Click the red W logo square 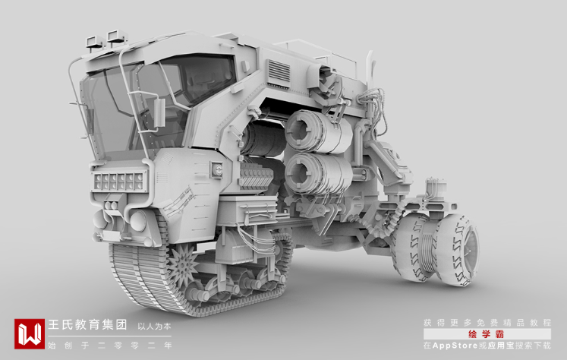tap(30, 333)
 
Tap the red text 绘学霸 tap(487, 334)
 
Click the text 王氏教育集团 tap(87, 324)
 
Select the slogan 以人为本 tap(154, 327)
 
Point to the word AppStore tap(455, 346)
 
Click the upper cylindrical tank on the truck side tap(317, 131)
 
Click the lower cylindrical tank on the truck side tap(317, 174)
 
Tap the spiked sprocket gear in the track tap(183, 264)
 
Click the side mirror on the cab tap(159, 112)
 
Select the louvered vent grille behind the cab tap(279, 71)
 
